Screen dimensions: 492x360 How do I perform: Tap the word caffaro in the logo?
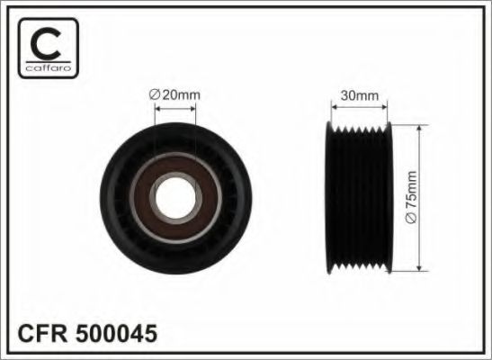[49, 68]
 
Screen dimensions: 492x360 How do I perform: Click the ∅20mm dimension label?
[174, 94]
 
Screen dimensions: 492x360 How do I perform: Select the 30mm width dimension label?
[360, 95]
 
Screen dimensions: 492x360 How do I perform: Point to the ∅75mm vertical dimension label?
[411, 197]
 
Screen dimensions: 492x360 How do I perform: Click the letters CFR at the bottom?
[42, 333]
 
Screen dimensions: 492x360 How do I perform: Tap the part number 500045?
[116, 333]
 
